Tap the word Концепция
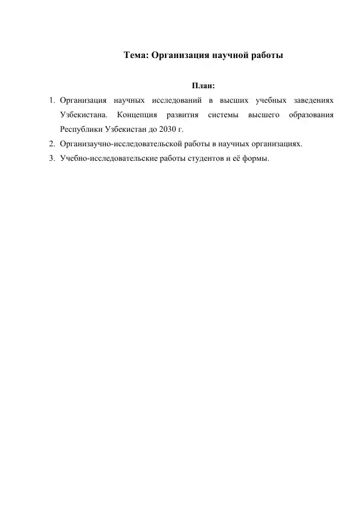[138, 114]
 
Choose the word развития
[182, 114]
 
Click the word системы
[221, 114]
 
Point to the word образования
[311, 114]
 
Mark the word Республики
[81, 129]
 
